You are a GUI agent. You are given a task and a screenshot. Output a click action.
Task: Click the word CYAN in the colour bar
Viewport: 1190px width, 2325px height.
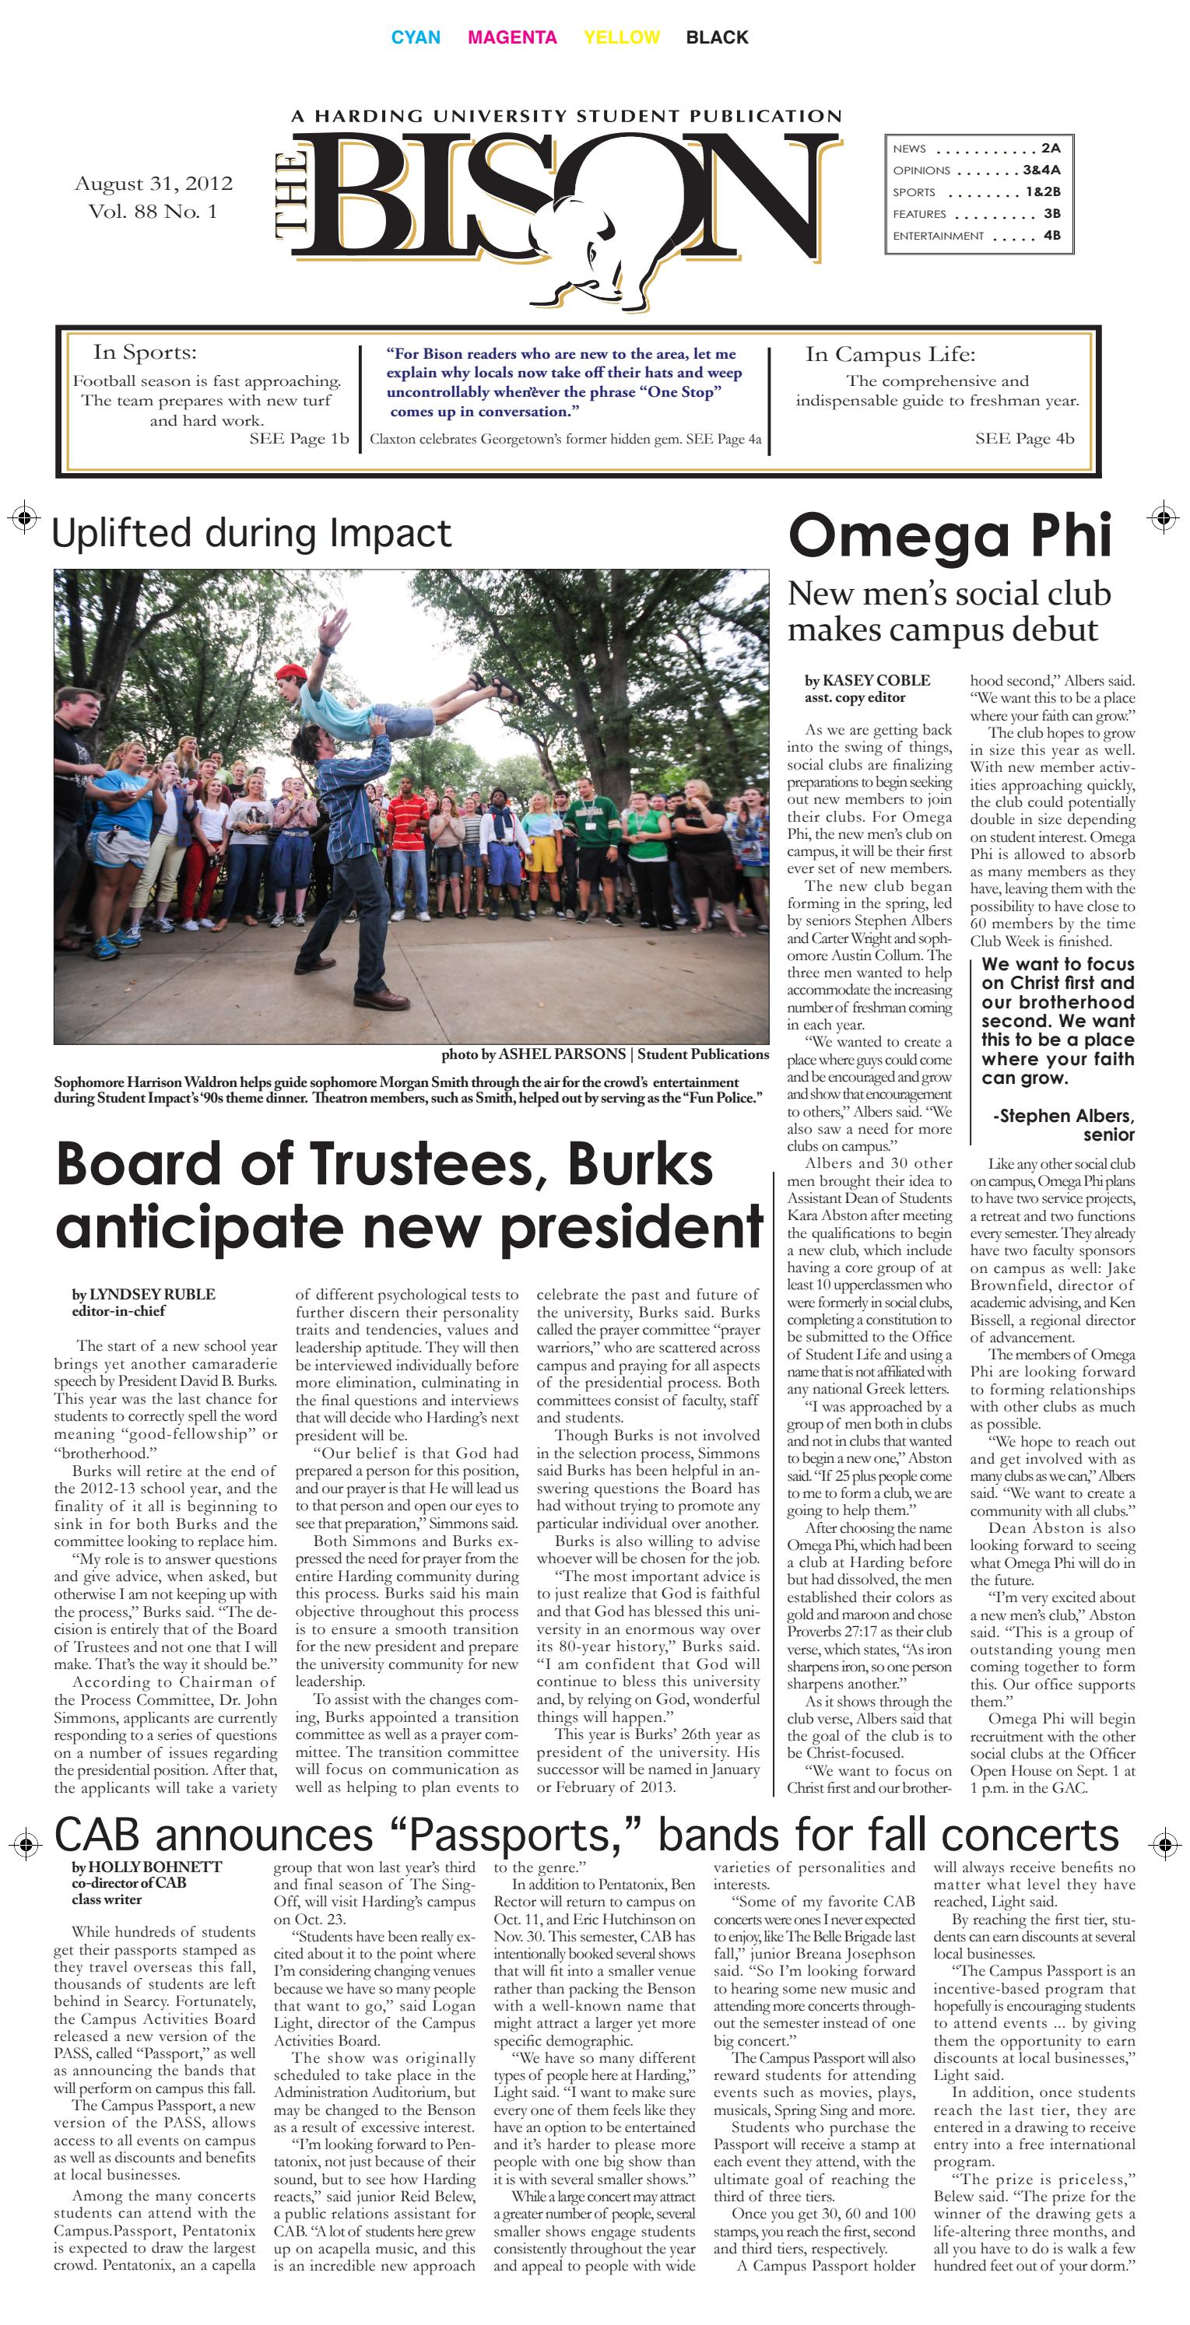(x=416, y=37)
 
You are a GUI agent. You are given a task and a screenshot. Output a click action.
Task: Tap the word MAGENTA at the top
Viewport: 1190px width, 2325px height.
(x=512, y=37)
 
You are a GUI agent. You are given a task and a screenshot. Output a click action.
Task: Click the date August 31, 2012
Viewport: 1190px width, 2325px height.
(x=153, y=183)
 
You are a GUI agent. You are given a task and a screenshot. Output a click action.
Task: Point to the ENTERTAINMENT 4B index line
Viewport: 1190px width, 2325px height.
(x=976, y=236)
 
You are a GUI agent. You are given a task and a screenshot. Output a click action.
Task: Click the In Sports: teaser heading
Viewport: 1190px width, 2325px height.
(x=145, y=353)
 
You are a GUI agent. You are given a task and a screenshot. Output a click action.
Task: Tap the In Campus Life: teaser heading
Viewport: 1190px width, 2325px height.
(x=890, y=355)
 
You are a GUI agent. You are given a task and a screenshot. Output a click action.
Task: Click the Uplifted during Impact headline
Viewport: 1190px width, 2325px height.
(x=251, y=534)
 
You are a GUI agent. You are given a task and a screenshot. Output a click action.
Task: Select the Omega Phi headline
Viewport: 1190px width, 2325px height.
(x=949, y=535)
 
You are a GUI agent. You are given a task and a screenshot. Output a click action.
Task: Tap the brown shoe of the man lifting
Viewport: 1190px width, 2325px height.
(x=382, y=998)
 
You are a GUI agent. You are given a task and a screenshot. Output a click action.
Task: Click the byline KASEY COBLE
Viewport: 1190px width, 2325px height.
(x=875, y=681)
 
